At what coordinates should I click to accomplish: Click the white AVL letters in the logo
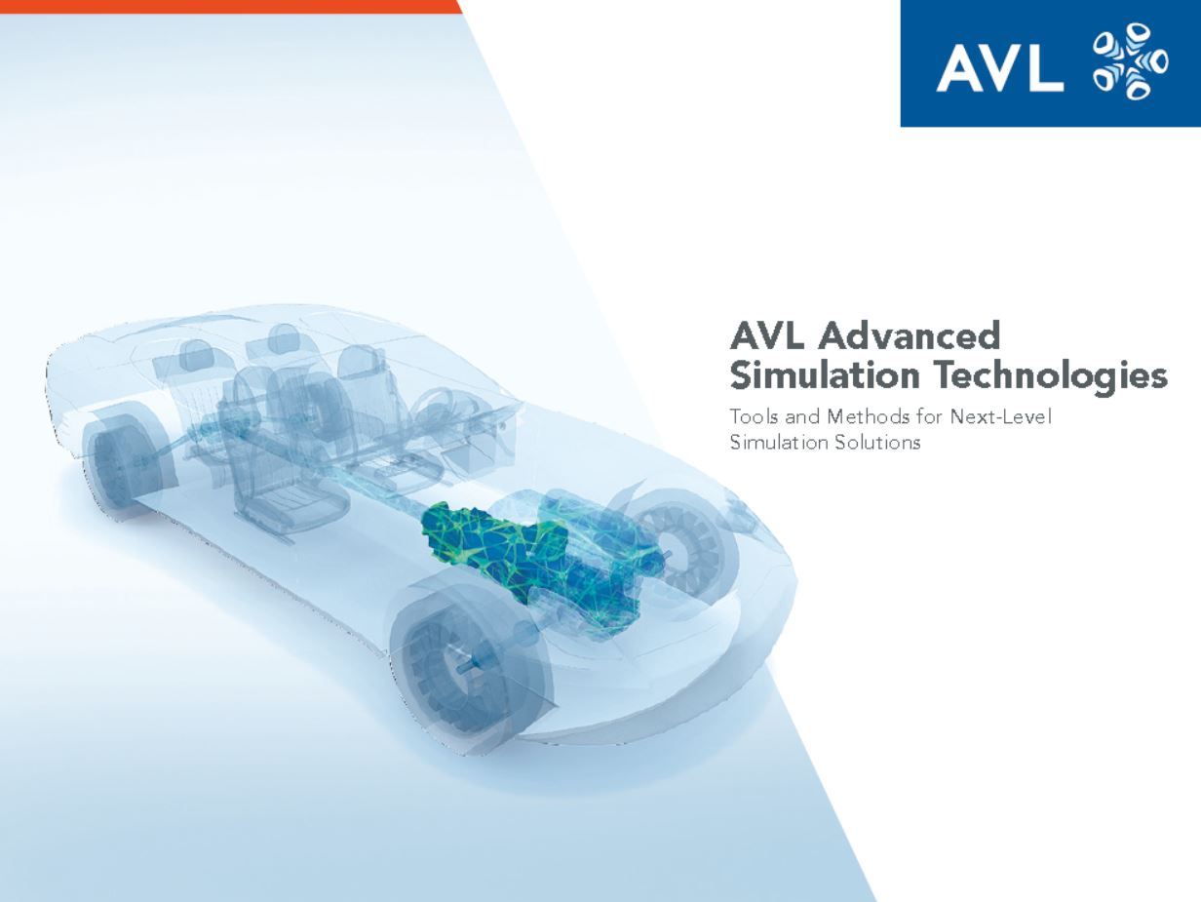pyautogui.click(x=999, y=69)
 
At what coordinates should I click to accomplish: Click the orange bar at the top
pyautogui.click(x=230, y=6)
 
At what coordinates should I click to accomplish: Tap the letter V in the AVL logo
pyautogui.click(x=998, y=69)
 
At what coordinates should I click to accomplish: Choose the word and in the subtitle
pyautogui.click(x=804, y=416)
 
